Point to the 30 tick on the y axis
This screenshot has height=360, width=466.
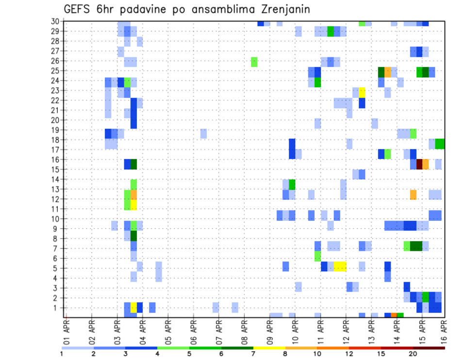pyautogui.click(x=57, y=21)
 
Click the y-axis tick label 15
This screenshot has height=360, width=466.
pyautogui.click(x=57, y=169)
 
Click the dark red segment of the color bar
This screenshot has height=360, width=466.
pyautogui.click(x=429, y=347)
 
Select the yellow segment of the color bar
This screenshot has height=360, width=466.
pyautogui.click(x=269, y=347)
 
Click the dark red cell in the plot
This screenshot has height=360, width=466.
pyautogui.click(x=419, y=164)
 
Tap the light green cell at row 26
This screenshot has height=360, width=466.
pyautogui.click(x=254, y=62)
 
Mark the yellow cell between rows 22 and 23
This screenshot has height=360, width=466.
pyautogui.click(x=362, y=92)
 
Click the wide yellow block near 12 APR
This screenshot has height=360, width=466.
pyautogui.click(x=340, y=266)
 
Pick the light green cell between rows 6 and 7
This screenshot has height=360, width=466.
pyautogui.click(x=317, y=256)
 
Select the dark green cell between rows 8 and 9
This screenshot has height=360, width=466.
pyautogui.click(x=133, y=236)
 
